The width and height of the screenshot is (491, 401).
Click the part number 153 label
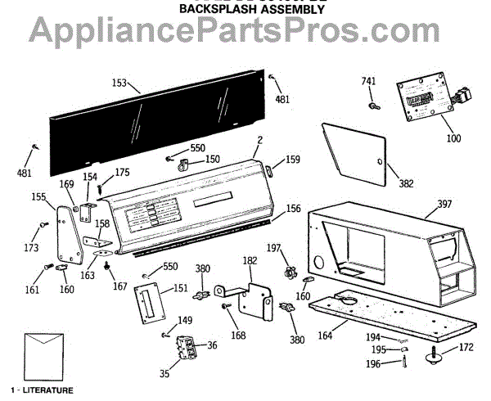tap(119, 83)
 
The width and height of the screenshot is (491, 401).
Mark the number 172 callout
tap(465, 347)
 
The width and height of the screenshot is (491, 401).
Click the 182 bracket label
tap(250, 259)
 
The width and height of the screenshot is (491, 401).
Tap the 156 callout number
tap(292, 208)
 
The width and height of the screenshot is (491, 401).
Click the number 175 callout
tap(122, 172)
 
